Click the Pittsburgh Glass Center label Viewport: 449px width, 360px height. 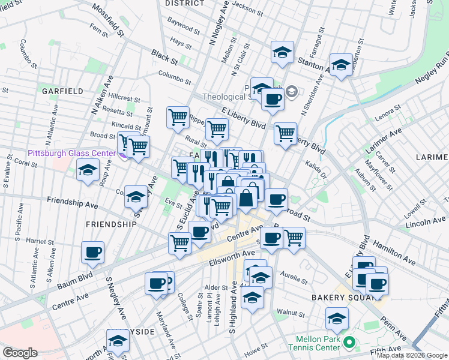point(71,153)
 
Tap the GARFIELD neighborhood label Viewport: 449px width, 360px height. point(62,91)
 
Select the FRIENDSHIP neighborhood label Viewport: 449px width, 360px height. point(111,224)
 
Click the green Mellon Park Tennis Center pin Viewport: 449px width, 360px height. point(348,344)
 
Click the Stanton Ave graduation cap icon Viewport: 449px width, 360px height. point(282,53)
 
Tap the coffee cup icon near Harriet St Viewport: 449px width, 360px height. point(92,253)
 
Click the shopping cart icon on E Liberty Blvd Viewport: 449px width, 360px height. point(285,133)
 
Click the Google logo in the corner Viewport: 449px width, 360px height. point(20,353)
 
